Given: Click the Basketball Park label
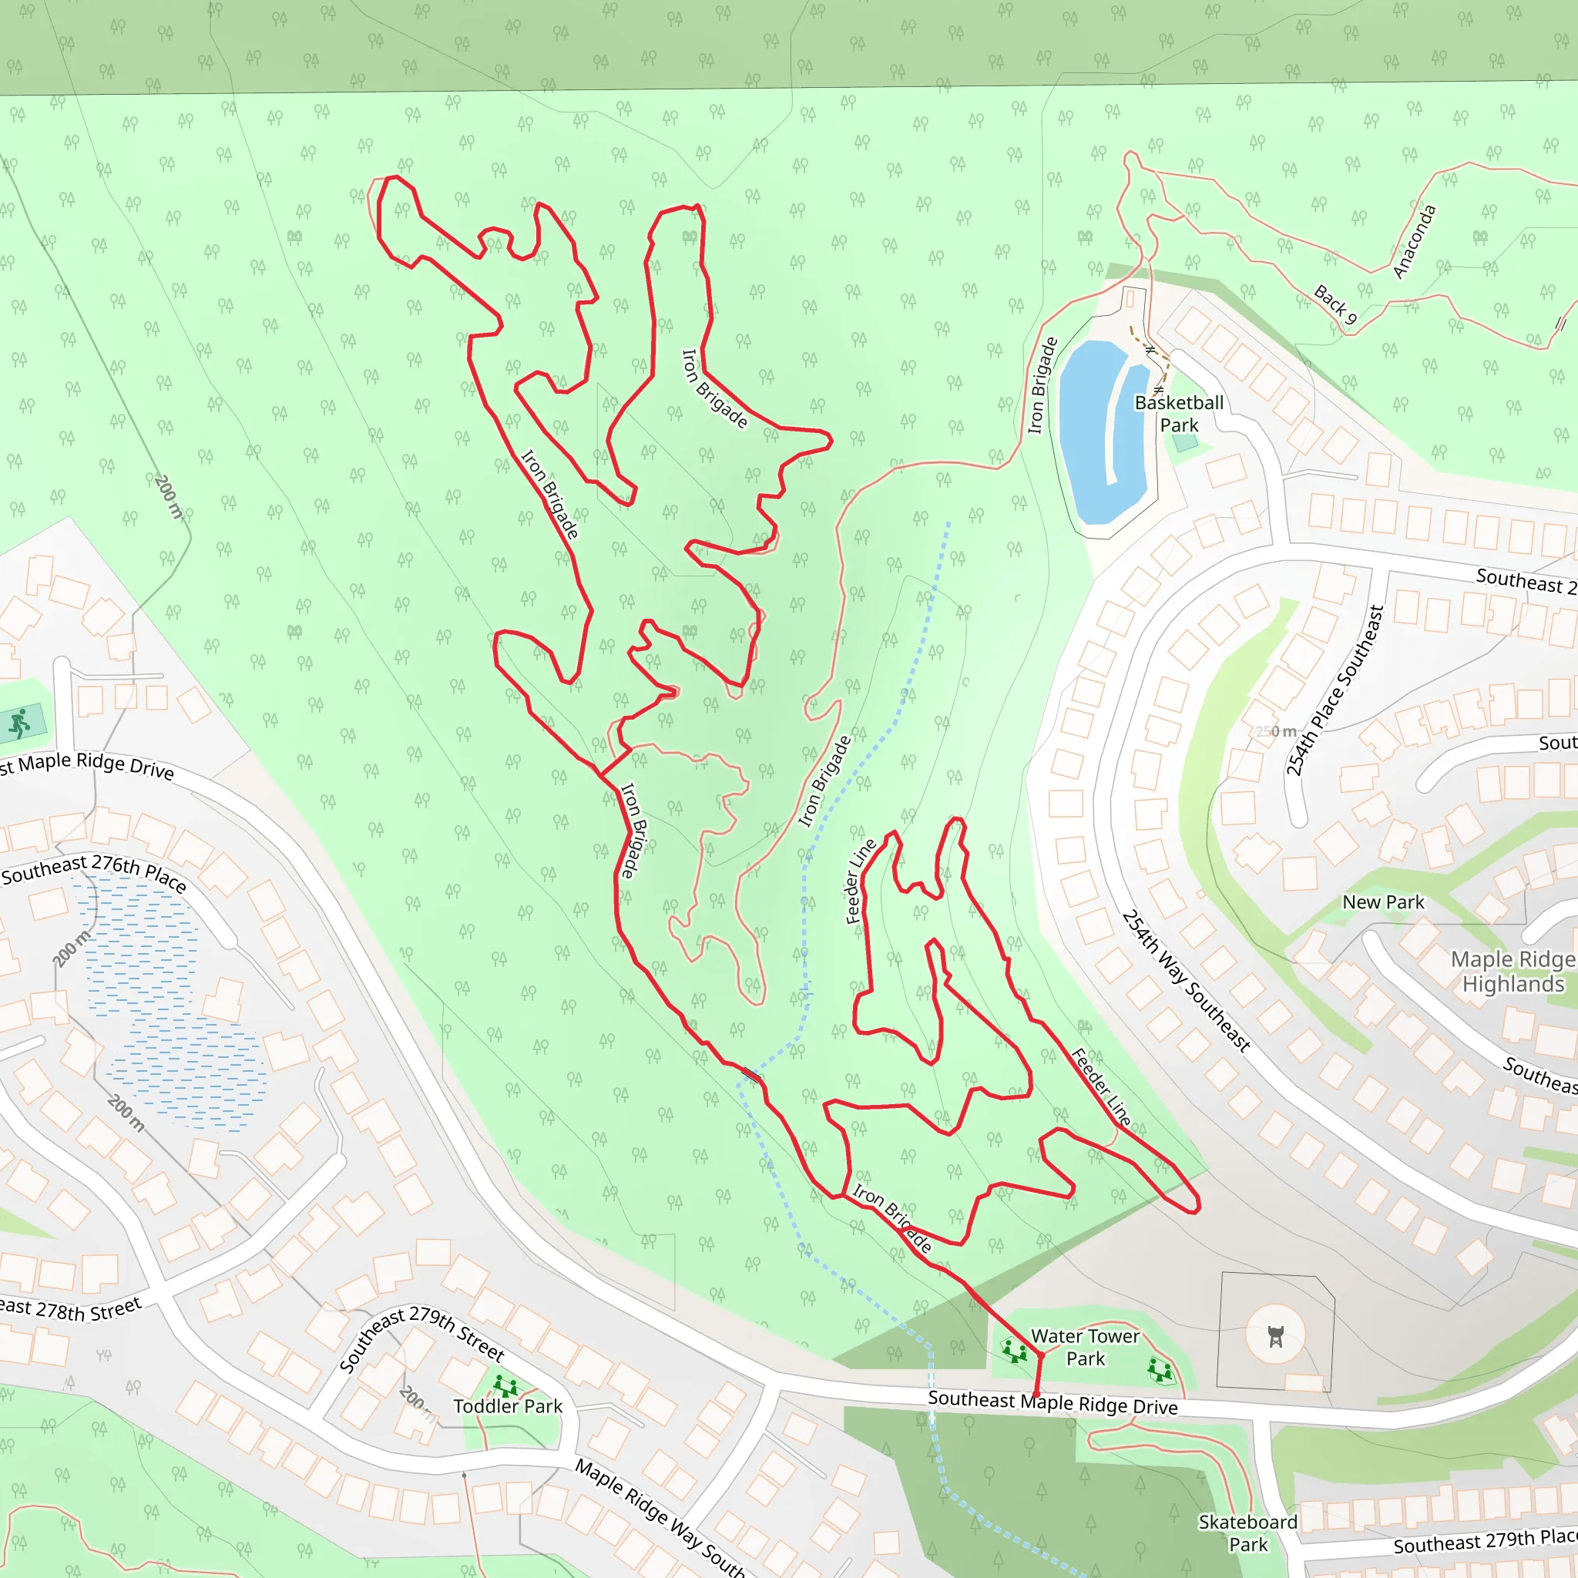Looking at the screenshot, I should tap(1179, 414).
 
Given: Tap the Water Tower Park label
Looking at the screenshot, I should tap(1085, 1347).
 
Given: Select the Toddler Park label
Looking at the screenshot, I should tap(507, 1405).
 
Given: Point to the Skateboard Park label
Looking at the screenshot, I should tap(1247, 1533).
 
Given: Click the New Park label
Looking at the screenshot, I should tap(1383, 901).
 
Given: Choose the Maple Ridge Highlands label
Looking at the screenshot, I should tap(1512, 971).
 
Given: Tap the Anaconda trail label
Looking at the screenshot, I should tap(1414, 242).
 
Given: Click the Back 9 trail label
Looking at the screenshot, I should tap(1335, 304).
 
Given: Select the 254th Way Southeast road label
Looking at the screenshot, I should tap(1185, 980).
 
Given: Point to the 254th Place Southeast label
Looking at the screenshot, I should tap(1335, 691).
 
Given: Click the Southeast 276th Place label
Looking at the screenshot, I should tap(93, 871).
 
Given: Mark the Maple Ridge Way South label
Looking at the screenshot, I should tap(659, 1518).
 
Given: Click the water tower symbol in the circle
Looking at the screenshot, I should tap(1275, 1336).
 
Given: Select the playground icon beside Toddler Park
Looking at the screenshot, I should tap(506, 1385).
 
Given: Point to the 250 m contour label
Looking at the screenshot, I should tap(1277, 731).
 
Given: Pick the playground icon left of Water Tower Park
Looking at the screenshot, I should tap(1015, 1351).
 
